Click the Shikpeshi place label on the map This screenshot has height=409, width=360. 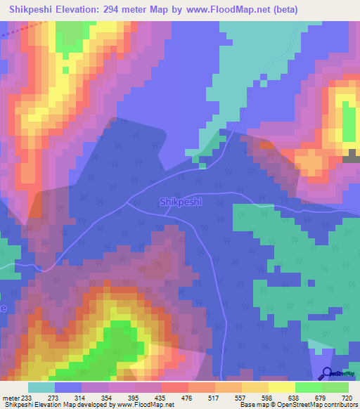pyautogui.click(x=181, y=202)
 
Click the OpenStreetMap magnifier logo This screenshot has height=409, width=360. pyautogui.click(x=328, y=375)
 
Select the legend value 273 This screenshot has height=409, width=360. pyautogui.click(x=55, y=398)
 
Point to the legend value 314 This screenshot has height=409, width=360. pyautogui.click(x=82, y=398)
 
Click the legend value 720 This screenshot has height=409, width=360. pyautogui.click(x=347, y=398)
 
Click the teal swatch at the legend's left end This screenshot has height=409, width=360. pyautogui.click(x=41, y=387)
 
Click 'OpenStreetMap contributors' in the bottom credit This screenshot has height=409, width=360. pyautogui.click(x=318, y=405)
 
